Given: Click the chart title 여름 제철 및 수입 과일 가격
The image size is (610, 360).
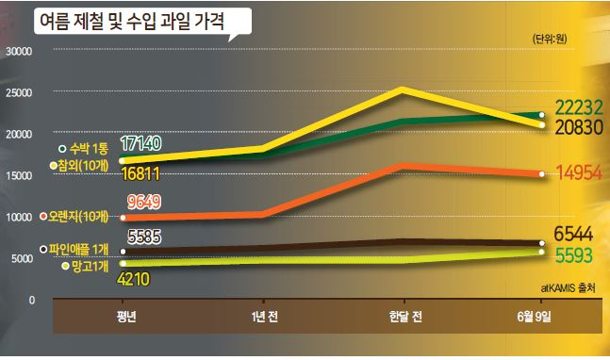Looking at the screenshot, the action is coord(132,21).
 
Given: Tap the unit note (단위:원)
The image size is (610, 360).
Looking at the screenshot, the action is coord(550,39).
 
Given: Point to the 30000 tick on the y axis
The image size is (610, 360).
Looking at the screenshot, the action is coord(19,51).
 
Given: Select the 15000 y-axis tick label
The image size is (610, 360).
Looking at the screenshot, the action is coord(19,175).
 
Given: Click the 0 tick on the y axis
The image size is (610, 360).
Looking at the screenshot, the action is coord(31,300).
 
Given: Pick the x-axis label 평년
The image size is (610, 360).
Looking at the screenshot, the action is coord(126,317).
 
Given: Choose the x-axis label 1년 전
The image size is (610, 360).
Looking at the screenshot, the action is coord(265,317).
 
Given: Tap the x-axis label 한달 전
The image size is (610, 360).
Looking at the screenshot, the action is coord(405,317).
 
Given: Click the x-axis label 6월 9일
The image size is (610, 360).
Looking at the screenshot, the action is coord(535,317).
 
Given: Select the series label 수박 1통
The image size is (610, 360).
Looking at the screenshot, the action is coord(89,149).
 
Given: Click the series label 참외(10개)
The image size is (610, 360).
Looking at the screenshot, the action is coord(83,165).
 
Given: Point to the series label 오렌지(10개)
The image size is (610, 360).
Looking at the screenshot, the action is coord(78,216).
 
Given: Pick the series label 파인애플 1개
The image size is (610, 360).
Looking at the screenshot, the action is coord(79,249).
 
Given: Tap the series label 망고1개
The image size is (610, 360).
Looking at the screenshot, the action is coord(90,267).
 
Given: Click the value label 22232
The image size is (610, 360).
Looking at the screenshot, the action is coord(579,107).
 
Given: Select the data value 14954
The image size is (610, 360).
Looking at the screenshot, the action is coord(580,172).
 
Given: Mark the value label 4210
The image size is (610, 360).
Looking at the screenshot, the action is coord(134,279).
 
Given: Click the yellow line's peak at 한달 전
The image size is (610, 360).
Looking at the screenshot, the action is coord(404,90).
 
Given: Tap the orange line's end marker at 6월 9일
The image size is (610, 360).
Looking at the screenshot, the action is coord(541,174).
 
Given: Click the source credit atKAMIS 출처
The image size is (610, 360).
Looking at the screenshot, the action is coord(568,288).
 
